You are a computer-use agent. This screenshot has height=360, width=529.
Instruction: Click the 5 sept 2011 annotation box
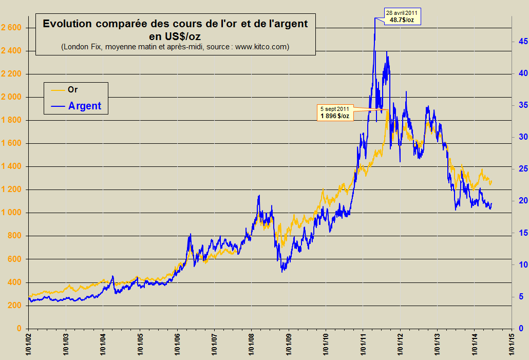click(335, 112)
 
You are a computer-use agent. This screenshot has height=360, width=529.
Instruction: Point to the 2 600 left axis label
click(11, 27)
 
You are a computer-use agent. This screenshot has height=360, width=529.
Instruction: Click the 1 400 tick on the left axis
click(11, 166)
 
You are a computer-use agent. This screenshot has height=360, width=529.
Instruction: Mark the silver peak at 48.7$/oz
click(374, 20)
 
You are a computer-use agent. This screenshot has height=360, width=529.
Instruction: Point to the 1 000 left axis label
click(11, 213)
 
